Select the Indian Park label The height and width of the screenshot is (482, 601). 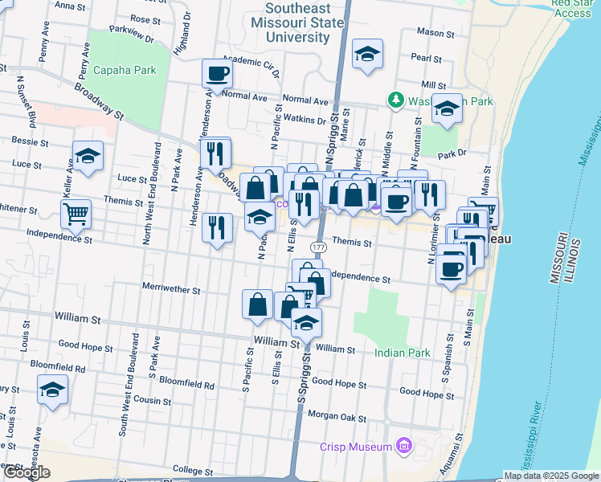pos(402,353)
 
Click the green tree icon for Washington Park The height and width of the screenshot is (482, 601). pos(395,101)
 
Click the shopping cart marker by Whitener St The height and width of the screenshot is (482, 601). pos(76,214)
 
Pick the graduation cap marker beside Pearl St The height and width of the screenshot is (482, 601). pos(368,54)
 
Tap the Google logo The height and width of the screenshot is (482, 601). pos(27,472)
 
